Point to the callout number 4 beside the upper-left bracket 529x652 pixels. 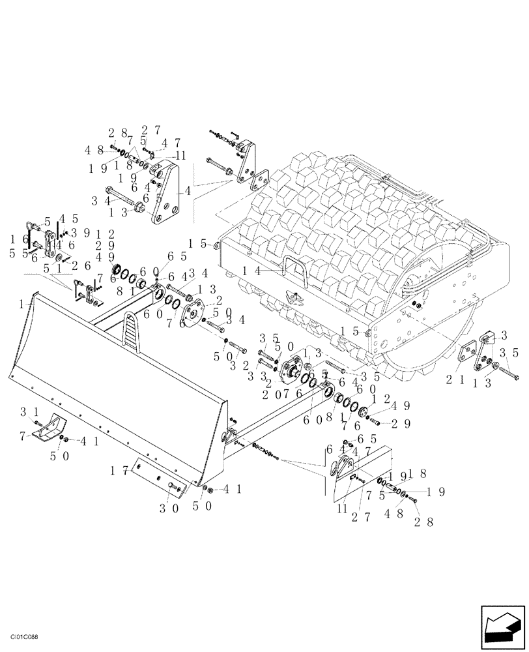coord(188,192)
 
